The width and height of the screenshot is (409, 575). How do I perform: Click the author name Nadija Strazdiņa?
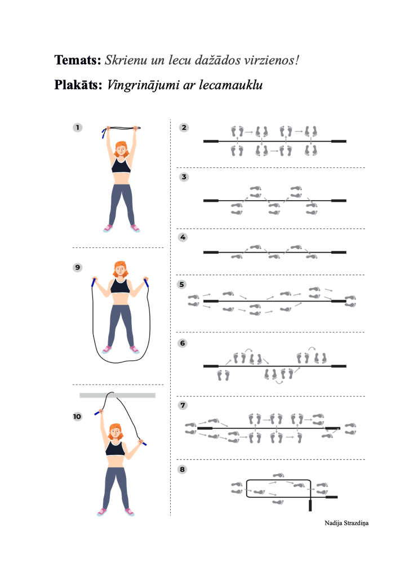(x=346, y=523)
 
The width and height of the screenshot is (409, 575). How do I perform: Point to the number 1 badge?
(x=77, y=127)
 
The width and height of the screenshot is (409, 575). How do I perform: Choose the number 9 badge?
(x=77, y=267)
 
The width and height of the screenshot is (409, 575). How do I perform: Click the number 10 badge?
(x=77, y=417)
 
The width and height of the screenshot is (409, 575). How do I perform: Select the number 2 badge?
(x=184, y=127)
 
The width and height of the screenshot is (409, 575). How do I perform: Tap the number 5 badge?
(x=182, y=285)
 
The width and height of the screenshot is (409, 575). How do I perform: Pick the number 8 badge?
(x=182, y=470)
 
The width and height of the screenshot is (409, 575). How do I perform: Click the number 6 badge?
(x=183, y=343)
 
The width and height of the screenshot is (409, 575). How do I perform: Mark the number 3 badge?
(x=184, y=177)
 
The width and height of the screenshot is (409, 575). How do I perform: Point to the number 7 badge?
(x=183, y=405)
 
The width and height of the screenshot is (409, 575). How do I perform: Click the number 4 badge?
(x=183, y=237)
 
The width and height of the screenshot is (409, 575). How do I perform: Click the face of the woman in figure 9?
(x=120, y=271)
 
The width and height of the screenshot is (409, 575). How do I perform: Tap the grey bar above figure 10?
(x=117, y=395)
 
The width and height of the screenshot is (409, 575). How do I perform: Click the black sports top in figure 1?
(x=121, y=165)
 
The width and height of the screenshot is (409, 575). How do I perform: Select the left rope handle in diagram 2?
(x=211, y=141)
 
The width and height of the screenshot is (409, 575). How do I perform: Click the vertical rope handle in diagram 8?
(x=310, y=505)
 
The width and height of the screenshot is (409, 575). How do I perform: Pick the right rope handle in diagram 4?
(x=339, y=253)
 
